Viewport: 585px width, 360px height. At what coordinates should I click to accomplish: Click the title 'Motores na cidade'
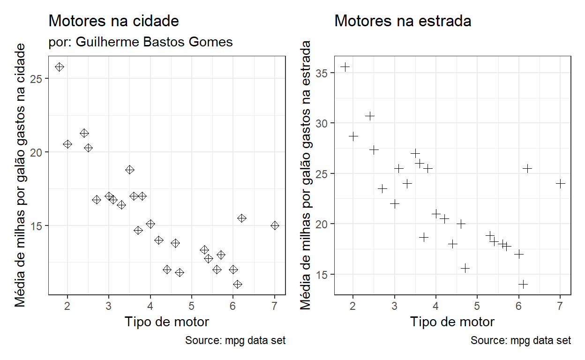(113, 21)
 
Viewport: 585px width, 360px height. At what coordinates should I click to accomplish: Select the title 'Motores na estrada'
(403, 21)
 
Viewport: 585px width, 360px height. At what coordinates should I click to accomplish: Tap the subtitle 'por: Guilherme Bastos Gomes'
(141, 42)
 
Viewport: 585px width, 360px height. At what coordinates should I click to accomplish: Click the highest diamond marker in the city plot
(60, 67)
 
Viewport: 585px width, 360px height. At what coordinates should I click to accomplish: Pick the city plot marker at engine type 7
(275, 225)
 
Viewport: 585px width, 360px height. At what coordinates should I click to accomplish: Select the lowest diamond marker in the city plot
(238, 284)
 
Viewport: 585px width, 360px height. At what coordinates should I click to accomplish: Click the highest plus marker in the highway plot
(345, 67)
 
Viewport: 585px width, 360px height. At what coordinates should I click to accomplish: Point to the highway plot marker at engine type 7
(560, 184)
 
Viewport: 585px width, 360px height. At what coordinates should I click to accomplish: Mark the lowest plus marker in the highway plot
(523, 284)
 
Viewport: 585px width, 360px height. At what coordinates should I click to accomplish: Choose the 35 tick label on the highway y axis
(322, 73)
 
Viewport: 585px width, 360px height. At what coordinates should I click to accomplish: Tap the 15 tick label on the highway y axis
(322, 274)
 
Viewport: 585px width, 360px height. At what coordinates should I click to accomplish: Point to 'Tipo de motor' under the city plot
(166, 322)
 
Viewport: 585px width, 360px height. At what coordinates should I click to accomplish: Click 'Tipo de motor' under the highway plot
(452, 322)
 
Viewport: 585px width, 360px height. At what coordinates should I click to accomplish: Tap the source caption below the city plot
(235, 340)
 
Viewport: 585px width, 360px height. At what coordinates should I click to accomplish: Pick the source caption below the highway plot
(521, 340)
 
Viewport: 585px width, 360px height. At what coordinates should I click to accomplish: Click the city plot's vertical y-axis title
(22, 175)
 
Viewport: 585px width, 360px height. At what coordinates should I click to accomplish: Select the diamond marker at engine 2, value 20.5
(67, 144)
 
